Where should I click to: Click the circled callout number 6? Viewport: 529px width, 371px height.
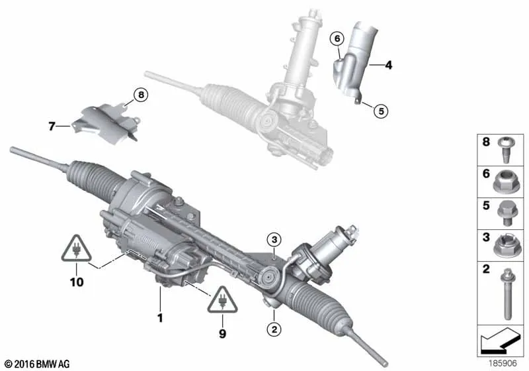[337, 39]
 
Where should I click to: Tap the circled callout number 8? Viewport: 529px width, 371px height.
[141, 95]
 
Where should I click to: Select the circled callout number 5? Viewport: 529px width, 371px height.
[382, 111]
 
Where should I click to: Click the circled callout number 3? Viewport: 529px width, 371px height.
[274, 240]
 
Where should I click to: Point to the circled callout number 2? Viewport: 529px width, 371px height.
[274, 329]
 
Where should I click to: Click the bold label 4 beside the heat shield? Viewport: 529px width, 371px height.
[389, 65]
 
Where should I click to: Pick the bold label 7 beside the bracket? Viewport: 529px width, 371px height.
[52, 127]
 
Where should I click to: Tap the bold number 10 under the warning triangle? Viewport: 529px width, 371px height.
[77, 282]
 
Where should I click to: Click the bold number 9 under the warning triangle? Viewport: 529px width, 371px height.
[222, 333]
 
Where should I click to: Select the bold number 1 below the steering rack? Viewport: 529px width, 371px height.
[160, 317]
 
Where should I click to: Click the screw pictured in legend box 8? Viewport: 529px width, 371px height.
[505, 150]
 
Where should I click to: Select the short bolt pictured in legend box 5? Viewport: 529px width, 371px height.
[505, 213]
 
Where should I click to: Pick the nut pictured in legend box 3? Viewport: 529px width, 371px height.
[505, 244]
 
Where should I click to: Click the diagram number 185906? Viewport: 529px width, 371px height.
[503, 363]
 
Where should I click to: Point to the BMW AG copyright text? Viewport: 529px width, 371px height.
[37, 364]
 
